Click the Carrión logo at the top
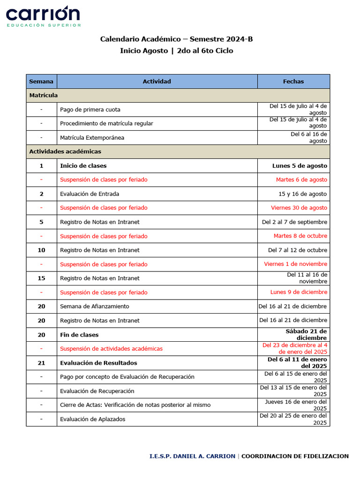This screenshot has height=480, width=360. click(x=43, y=16)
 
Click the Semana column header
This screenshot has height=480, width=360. click(x=41, y=82)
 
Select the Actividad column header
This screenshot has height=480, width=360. click(x=157, y=82)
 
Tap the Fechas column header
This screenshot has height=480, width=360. click(x=293, y=82)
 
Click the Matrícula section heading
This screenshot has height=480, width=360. click(x=44, y=96)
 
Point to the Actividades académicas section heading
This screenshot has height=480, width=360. click(x=65, y=152)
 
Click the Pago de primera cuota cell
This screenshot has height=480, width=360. click(x=90, y=110)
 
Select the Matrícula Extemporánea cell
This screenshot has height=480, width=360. click(x=92, y=138)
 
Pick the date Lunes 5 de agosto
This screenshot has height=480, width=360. click(x=300, y=166)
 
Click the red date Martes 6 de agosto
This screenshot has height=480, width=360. click(x=301, y=180)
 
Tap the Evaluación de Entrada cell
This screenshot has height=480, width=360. click(x=90, y=194)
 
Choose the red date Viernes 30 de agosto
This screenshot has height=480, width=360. click(x=299, y=208)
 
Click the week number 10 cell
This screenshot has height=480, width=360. click(x=41, y=250)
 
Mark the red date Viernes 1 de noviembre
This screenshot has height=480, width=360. click(x=295, y=264)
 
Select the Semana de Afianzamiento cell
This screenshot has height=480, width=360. click(x=95, y=307)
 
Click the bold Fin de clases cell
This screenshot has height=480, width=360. click(x=79, y=335)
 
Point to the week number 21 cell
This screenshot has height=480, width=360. click(x=41, y=363)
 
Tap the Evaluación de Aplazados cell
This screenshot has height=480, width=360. click(x=93, y=419)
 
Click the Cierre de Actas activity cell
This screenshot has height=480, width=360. click(x=135, y=405)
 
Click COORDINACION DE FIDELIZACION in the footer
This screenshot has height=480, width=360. click(x=295, y=456)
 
